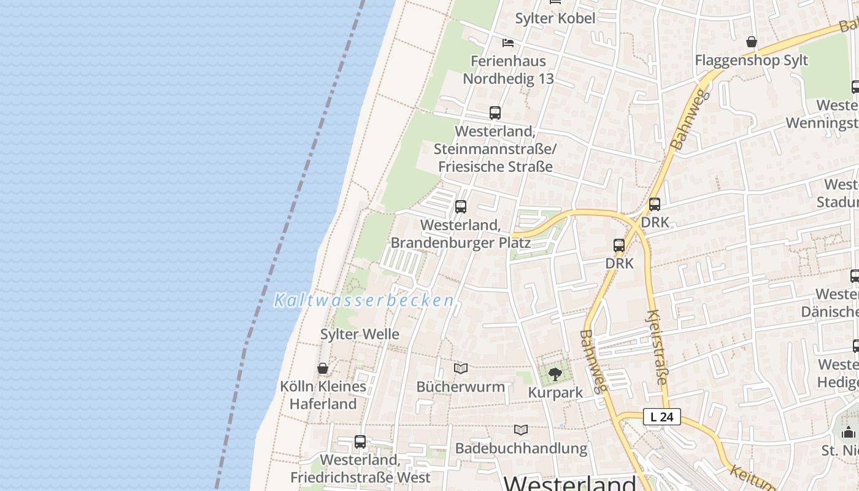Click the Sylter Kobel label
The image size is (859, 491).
coord(555,18)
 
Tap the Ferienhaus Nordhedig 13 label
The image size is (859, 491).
coord(508,70)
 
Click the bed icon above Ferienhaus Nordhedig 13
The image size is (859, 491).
coord(508,43)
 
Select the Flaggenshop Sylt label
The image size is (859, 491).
coord(751,60)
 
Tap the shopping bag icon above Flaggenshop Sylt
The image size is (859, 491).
coord(752,42)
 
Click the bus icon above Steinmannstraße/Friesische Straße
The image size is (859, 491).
coord(495,113)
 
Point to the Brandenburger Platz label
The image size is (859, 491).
coord(460,234)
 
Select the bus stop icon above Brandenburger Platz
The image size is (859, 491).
coord(461,207)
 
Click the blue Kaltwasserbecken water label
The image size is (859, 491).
coord(364,301)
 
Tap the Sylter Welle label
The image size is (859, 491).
coord(360,334)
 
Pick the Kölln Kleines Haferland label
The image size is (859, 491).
coord(323,395)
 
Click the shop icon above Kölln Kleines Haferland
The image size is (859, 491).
coord(323,368)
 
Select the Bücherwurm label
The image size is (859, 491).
coord(461,387)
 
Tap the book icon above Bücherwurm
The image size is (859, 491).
coord(461,368)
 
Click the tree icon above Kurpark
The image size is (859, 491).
coord(555,374)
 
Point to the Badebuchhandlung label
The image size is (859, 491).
coord(521,448)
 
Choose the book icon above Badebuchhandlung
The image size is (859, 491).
coord(521,430)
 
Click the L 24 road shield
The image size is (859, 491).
coord(662,417)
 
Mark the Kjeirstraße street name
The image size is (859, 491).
coord(656,347)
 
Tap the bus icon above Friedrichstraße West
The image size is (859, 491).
coord(360,441)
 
